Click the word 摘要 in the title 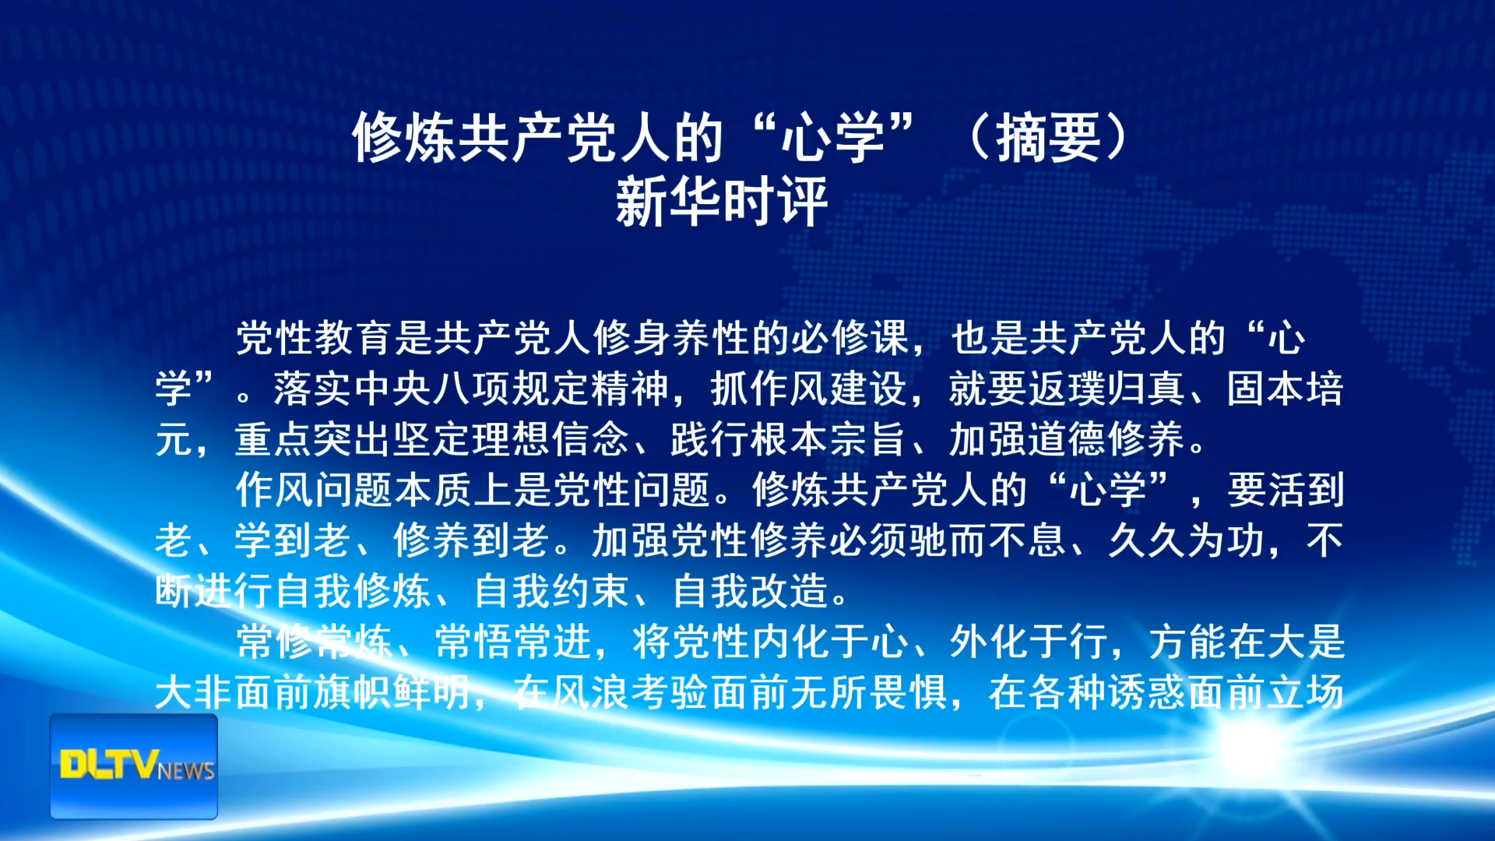1049,138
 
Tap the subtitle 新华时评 721,202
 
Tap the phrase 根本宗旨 828,439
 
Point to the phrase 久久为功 1187,540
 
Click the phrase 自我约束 551,591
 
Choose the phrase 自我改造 751,591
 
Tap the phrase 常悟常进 514,642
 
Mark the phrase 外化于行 1029,642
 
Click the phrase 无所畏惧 869,692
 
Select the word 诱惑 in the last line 1148,692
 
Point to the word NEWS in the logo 186,771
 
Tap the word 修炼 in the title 405,138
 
